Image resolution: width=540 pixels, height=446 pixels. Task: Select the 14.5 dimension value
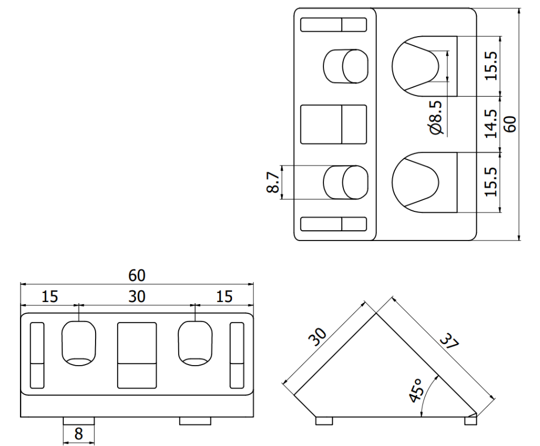point(491,123)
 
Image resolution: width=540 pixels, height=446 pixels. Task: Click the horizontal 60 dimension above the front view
point(136,275)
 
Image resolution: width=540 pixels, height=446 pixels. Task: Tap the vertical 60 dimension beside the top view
point(510,123)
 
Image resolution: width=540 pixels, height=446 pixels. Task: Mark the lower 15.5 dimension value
point(491,182)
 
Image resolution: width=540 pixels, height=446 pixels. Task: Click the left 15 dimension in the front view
point(49,297)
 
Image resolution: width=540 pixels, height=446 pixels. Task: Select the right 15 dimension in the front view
point(224,297)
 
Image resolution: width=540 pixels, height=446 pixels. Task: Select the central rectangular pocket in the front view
point(137,355)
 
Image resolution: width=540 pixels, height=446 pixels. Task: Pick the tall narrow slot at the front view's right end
point(237,355)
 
